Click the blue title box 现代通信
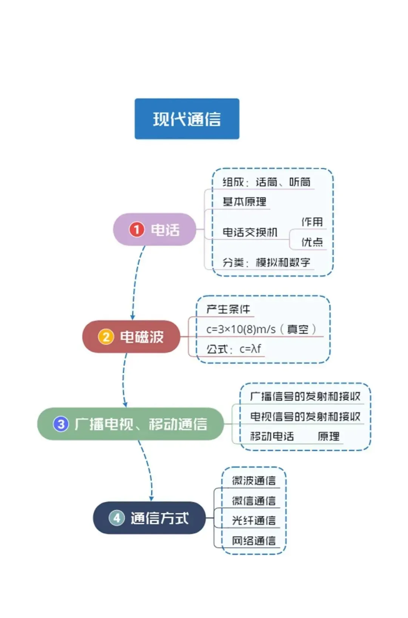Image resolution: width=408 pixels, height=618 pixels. pyautogui.click(x=187, y=119)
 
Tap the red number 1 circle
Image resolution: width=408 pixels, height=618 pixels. pyautogui.click(x=136, y=230)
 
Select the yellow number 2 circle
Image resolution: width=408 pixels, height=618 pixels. pyautogui.click(x=106, y=337)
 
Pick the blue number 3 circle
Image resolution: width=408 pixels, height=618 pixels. pyautogui.click(x=61, y=424)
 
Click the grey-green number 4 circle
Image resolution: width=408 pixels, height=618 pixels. pyautogui.click(x=117, y=518)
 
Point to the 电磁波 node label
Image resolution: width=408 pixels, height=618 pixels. pyautogui.click(x=142, y=337)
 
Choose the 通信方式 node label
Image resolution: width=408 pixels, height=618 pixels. pyautogui.click(x=160, y=518)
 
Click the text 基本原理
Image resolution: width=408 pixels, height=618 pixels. pyautogui.click(x=244, y=202)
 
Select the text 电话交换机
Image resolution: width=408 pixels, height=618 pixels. pyautogui.click(x=250, y=232)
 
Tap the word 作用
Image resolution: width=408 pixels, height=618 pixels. pyautogui.click(x=312, y=222)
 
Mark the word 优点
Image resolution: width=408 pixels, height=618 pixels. pyautogui.click(x=312, y=242)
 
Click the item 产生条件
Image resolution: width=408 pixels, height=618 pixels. pyautogui.click(x=228, y=309)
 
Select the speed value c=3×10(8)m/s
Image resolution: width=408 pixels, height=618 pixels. pyautogui.click(x=241, y=329)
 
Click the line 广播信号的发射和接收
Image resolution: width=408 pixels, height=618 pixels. pyautogui.click(x=305, y=396)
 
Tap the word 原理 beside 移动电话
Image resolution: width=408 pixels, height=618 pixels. pyautogui.click(x=328, y=436)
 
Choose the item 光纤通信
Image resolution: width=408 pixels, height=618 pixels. pyautogui.click(x=254, y=520)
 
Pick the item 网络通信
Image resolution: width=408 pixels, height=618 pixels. pyautogui.click(x=254, y=541)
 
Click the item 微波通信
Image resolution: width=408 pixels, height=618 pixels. pyautogui.click(x=254, y=480)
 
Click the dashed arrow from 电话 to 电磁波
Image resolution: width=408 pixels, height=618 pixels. pyautogui.click(x=135, y=281)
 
